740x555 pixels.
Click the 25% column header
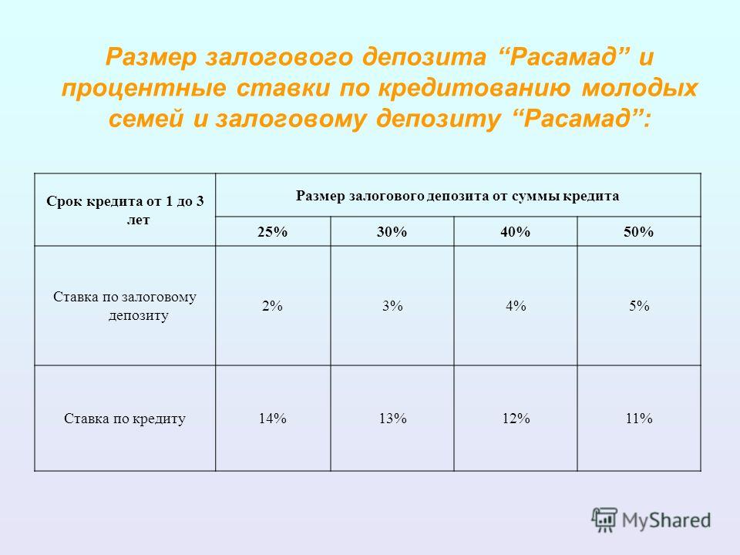[x=272, y=232]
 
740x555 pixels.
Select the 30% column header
[x=392, y=232]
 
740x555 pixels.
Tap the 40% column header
[x=516, y=232]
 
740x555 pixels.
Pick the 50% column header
[x=638, y=232]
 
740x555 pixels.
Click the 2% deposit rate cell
[x=272, y=306]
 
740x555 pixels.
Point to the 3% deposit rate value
[x=392, y=306]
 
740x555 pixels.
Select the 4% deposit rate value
[x=516, y=306]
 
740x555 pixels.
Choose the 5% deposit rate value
[x=639, y=306]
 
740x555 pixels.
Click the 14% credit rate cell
[x=272, y=418]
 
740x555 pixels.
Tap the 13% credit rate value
[x=392, y=418]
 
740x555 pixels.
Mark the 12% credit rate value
[x=516, y=418]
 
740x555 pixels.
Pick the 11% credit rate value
[x=639, y=418]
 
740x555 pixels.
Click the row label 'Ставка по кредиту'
[x=125, y=419]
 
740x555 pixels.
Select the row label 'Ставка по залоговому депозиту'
[x=125, y=306]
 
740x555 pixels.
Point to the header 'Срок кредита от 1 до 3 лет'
[x=125, y=210]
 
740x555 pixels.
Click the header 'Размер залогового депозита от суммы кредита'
[x=457, y=196]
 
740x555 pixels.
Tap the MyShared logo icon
[x=604, y=520]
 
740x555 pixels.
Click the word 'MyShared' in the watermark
[x=666, y=520]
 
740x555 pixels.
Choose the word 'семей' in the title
[x=146, y=118]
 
